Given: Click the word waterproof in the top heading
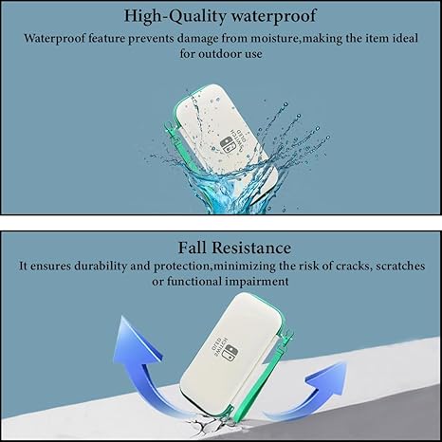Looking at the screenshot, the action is pyautogui.click(x=273, y=16).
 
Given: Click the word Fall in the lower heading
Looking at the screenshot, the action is pyautogui.click(x=192, y=248).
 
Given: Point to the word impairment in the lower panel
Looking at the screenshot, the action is pyautogui.click(x=257, y=282).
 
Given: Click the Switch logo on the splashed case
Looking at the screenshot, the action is pyautogui.click(x=226, y=145).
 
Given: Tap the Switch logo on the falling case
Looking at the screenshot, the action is pyautogui.click(x=232, y=352).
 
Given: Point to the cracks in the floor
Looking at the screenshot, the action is pyautogui.click(x=206, y=427).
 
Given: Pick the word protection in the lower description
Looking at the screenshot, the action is pyautogui.click(x=182, y=267).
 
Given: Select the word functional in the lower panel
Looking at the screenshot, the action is pyautogui.click(x=194, y=282).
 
